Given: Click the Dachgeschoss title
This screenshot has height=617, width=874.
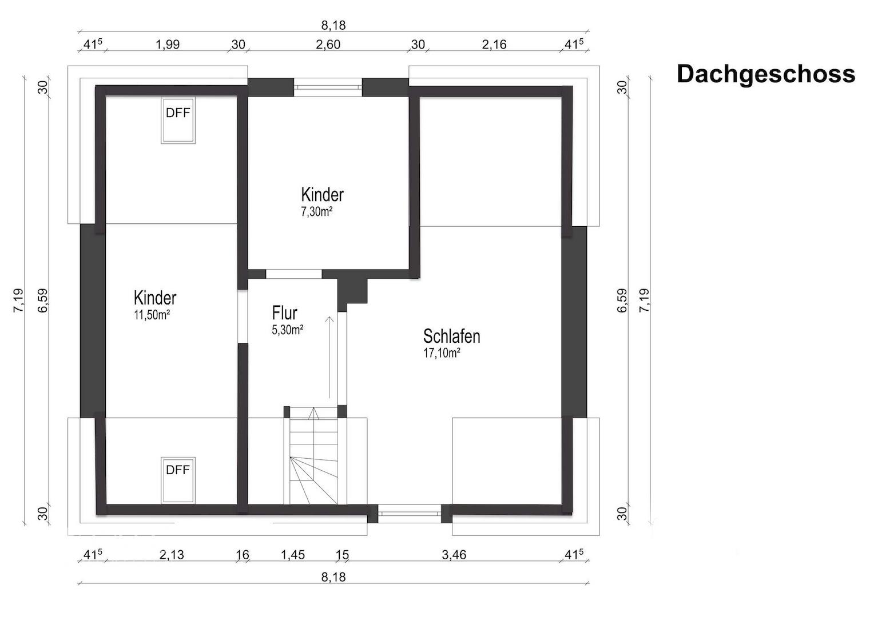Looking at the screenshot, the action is (766, 74).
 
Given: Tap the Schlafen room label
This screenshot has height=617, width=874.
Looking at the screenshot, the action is (451, 336).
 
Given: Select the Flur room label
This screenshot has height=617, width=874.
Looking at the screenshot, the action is (284, 313).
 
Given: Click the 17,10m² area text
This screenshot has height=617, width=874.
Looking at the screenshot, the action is (442, 353).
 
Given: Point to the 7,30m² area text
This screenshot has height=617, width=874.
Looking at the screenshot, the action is (316, 211).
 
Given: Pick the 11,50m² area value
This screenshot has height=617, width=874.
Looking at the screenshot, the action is (152, 315).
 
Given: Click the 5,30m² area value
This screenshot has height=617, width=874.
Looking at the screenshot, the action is (288, 330).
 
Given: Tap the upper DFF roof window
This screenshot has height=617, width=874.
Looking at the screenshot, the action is (178, 120).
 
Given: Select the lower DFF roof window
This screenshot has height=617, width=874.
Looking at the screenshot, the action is (178, 480).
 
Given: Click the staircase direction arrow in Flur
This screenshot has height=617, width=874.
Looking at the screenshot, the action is (329, 358).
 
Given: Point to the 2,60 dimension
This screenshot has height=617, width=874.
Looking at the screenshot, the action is (328, 45).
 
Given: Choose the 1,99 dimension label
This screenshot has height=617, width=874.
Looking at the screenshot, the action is (168, 45).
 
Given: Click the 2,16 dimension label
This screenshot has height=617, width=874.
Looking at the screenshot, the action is (494, 45).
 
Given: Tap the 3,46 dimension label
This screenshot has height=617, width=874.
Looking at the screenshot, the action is (454, 555).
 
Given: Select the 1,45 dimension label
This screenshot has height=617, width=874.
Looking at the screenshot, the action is (293, 555).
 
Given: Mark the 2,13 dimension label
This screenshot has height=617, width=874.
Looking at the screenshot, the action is (171, 555).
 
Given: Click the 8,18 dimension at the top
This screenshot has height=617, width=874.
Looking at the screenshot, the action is (333, 25).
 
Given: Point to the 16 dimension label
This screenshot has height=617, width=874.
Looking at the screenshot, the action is (243, 555).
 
